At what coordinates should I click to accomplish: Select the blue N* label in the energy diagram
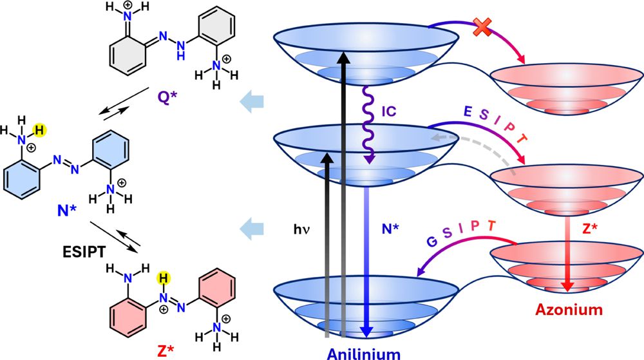393,227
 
